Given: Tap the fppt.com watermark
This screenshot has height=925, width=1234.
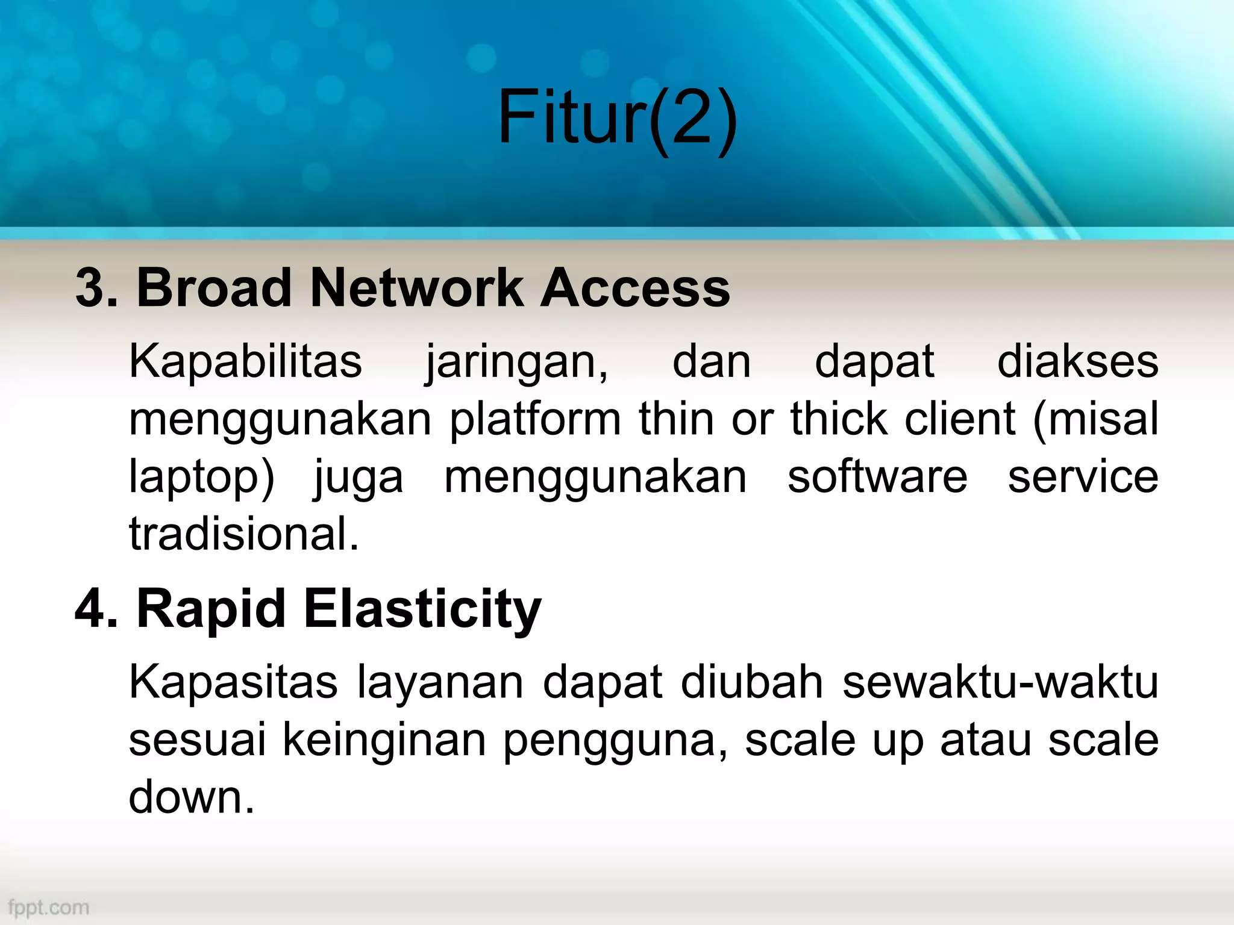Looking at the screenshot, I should point(49,907).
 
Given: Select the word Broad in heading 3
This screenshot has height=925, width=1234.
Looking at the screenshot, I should point(215,288).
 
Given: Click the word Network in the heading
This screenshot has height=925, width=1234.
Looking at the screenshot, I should point(416,288).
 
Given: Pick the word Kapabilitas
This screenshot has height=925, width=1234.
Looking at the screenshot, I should point(246,361).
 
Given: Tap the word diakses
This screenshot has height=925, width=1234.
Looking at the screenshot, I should point(1077,361).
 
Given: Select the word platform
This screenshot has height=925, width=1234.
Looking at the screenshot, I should point(535,420).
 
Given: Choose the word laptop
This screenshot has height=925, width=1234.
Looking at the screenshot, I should point(201,478).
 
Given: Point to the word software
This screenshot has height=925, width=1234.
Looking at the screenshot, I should point(877,476).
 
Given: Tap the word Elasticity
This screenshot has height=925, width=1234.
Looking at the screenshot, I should point(422,609).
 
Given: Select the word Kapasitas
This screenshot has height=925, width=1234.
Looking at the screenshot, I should point(234,683).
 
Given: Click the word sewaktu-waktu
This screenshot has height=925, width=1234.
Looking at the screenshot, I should point(1000,683).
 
